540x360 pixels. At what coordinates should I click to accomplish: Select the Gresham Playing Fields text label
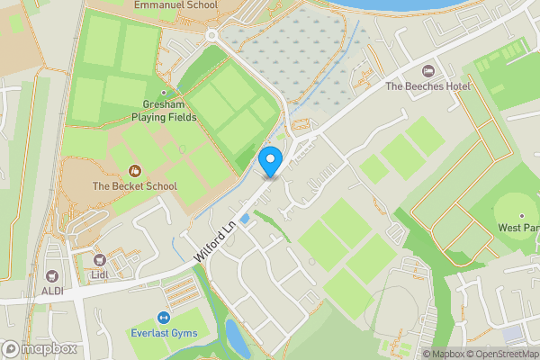pyautogui.click(x=163, y=110)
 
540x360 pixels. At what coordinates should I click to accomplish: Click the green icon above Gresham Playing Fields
pyautogui.click(x=164, y=92)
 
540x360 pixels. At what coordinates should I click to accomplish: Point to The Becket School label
pyautogui.click(x=135, y=186)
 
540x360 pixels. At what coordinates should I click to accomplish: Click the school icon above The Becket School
pyautogui.click(x=135, y=170)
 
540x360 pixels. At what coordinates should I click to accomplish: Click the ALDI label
pyautogui.click(x=50, y=292)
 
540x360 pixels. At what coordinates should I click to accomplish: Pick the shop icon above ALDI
pyautogui.click(x=50, y=275)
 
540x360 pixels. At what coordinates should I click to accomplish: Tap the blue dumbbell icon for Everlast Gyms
pyautogui.click(x=164, y=318)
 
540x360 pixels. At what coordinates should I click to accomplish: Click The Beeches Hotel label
pyautogui.click(x=428, y=86)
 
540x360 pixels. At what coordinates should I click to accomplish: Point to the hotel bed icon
pyautogui.click(x=428, y=70)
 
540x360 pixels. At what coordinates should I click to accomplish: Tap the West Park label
pyautogui.click(x=518, y=228)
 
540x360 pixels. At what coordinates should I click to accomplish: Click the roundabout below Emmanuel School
pyautogui.click(x=212, y=35)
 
